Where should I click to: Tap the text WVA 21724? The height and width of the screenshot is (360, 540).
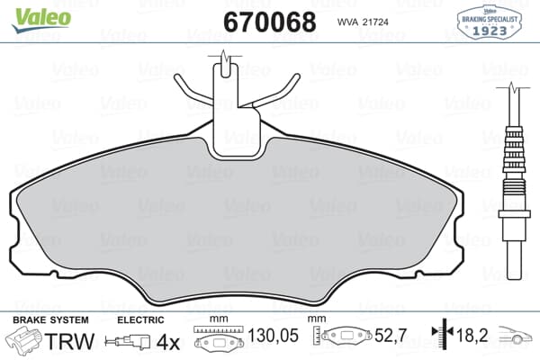coord(367,21)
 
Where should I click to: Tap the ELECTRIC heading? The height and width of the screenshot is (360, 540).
coord(141,320)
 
